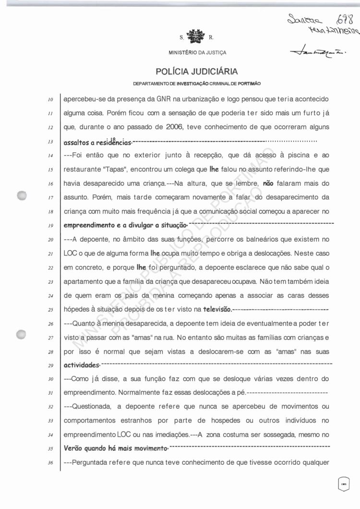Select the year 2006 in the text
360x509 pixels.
[x=176, y=129]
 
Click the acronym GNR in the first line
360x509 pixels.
[x=165, y=99]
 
